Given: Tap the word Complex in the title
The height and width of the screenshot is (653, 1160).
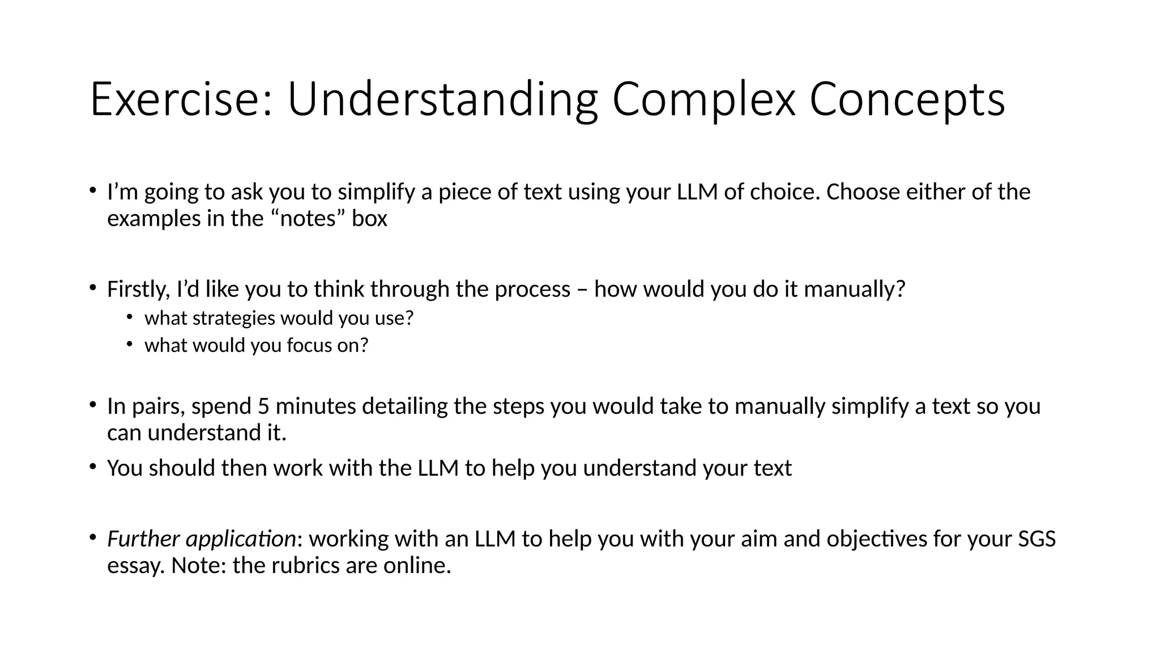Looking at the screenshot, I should pyautogui.click(x=703, y=99).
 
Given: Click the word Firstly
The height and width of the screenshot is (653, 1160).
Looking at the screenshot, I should pyautogui.click(x=138, y=290).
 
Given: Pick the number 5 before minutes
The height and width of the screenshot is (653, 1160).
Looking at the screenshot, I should pyautogui.click(x=263, y=406).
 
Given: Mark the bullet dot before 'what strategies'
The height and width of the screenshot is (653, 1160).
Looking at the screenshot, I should pyautogui.click(x=130, y=317).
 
